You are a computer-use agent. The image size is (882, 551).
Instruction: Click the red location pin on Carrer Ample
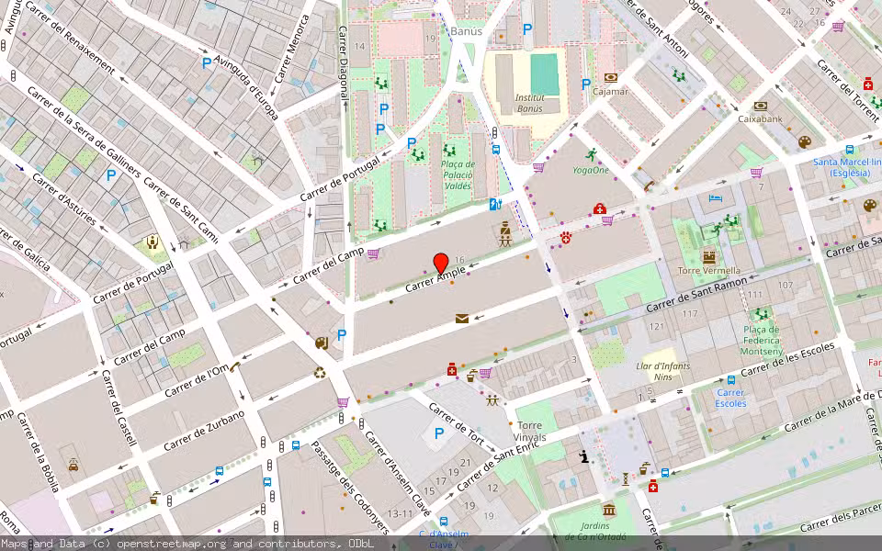[x=440, y=263]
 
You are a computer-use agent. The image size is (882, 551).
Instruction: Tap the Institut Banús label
[x=528, y=103]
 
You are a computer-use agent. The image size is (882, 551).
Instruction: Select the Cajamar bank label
[x=611, y=91]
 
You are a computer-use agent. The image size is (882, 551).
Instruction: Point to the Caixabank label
[x=760, y=118]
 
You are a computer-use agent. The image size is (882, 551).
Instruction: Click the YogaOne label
[x=591, y=170]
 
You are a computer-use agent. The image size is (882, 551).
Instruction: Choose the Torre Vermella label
[x=703, y=271]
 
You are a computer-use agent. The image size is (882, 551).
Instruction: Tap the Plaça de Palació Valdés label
[x=457, y=174]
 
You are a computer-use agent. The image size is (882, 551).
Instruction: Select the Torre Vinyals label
[x=531, y=431]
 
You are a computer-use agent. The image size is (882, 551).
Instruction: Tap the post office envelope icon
[x=461, y=319]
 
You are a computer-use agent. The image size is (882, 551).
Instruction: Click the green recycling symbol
[x=320, y=373]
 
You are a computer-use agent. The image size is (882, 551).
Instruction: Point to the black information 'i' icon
[x=583, y=456]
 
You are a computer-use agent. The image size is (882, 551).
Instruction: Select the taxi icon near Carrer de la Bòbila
[x=73, y=466]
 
